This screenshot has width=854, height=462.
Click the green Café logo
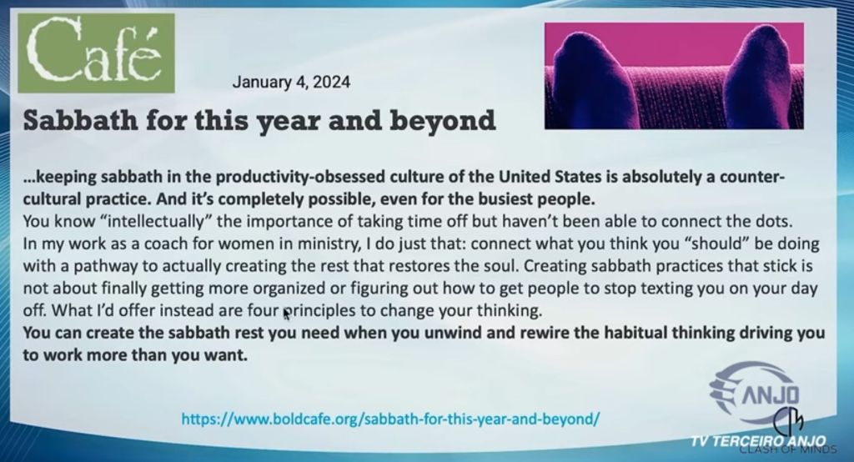pyautogui.click(x=97, y=53)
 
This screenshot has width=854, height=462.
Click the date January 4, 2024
pyautogui.click(x=291, y=83)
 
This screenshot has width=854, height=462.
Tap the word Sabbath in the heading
pyautogui.click(x=79, y=120)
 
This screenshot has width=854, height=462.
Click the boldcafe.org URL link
pyautogui.click(x=390, y=419)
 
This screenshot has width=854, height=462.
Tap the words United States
pyautogui.click(x=550, y=178)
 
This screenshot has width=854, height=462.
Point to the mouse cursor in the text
pyautogui.click(x=287, y=314)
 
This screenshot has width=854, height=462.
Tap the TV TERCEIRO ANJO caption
pyautogui.click(x=758, y=441)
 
